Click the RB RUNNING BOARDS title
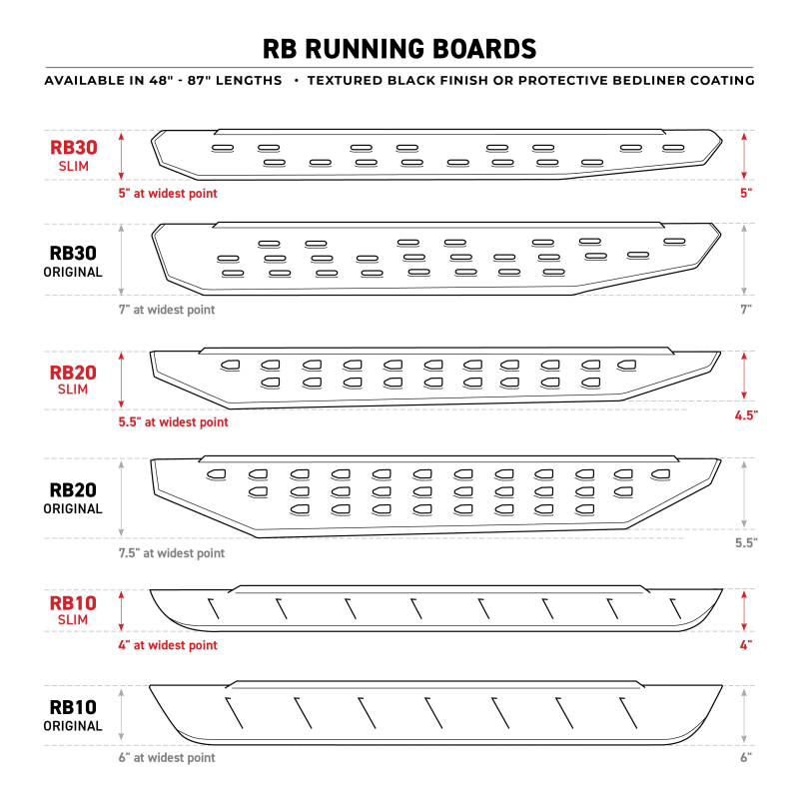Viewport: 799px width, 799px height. (x=399, y=49)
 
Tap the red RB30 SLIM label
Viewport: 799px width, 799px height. (x=74, y=155)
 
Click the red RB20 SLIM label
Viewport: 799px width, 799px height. (x=74, y=380)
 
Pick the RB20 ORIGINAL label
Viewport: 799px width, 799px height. (x=74, y=498)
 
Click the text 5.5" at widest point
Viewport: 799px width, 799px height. (x=173, y=422)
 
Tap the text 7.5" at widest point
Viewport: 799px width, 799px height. (x=172, y=553)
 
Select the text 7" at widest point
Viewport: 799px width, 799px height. (x=167, y=310)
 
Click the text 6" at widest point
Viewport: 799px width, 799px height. (x=167, y=758)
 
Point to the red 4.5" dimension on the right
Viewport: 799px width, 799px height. (x=744, y=413)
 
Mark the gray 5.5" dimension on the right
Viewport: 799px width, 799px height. (x=744, y=542)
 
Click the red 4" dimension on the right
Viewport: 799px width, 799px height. (x=745, y=645)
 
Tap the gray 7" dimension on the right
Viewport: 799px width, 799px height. (x=745, y=310)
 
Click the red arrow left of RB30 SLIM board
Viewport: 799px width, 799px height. (x=122, y=155)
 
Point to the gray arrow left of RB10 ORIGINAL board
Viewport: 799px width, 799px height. (x=122, y=715)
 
